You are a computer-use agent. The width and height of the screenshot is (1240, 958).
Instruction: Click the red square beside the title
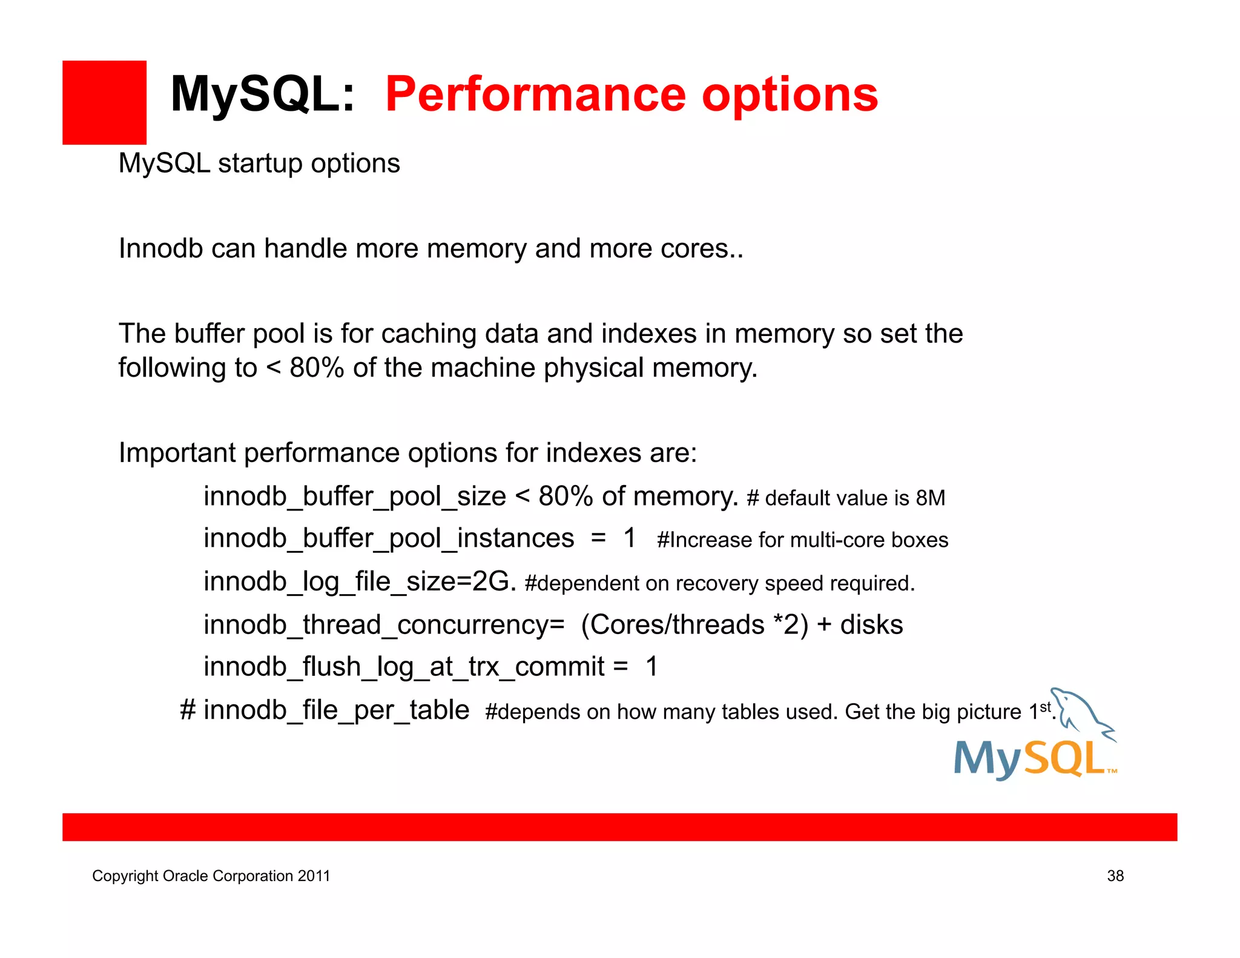coord(104,102)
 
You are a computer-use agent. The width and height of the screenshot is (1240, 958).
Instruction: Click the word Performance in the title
coord(535,94)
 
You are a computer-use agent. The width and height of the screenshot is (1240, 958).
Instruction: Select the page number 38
coord(1115,876)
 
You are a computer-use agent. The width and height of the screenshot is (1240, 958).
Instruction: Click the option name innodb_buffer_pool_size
coord(354,497)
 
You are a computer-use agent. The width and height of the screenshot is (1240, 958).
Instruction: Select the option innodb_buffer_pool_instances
coord(389,538)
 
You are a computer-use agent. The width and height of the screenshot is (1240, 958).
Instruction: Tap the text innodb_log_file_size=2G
coord(360,582)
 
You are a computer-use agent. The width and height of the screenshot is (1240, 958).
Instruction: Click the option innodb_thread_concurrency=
coord(384,625)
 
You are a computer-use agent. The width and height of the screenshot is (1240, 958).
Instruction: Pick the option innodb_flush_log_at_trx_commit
coord(404,667)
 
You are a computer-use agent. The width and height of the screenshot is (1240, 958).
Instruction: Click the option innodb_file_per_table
coord(336,710)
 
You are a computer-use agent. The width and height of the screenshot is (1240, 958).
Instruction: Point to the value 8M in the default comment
coord(930,498)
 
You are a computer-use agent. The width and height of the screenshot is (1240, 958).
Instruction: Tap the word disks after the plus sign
coord(871,625)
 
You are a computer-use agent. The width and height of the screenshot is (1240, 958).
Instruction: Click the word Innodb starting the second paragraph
coord(160,249)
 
